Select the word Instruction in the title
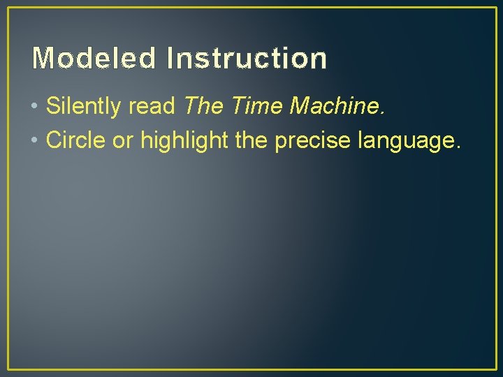[x=246, y=59]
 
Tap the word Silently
[x=85, y=107]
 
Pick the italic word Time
[x=256, y=107]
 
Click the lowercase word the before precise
[x=251, y=140]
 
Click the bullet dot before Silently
[x=35, y=108]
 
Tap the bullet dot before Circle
[x=35, y=141]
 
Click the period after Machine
[x=382, y=114]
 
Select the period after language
[x=458, y=147]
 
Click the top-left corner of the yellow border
[x=8, y=8]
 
